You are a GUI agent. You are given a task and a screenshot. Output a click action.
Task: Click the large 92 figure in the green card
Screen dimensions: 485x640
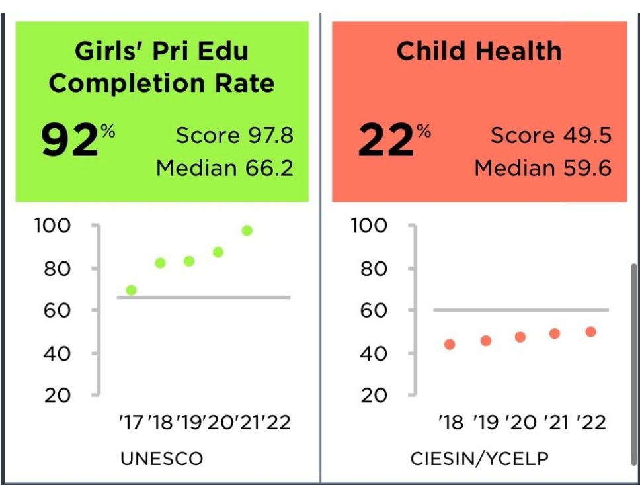(69, 141)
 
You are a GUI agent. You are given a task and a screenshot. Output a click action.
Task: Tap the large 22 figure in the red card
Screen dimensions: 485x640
(385, 141)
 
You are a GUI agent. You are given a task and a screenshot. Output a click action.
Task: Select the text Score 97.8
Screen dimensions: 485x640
(234, 136)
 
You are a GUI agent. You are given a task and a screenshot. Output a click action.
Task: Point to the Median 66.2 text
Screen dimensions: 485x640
(224, 168)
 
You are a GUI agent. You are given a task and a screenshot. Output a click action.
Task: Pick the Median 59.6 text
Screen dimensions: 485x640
(542, 168)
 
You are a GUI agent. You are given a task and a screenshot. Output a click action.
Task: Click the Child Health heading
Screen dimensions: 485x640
(479, 52)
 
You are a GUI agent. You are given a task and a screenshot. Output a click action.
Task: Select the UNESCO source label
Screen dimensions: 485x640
(161, 459)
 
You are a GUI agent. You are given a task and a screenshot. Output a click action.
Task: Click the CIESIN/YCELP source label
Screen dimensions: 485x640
(479, 459)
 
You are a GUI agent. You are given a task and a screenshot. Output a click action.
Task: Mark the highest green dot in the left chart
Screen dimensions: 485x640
(247, 230)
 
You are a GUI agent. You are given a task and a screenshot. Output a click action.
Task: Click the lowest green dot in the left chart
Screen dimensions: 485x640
(131, 290)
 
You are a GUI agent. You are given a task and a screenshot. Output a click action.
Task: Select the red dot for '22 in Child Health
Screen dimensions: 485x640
(590, 331)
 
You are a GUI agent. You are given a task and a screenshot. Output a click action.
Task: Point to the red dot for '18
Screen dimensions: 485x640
(450, 344)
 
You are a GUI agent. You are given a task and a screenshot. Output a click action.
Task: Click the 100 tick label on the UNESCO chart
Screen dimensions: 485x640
(52, 226)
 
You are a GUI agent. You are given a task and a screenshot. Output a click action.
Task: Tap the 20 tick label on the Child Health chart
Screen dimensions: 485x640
(374, 396)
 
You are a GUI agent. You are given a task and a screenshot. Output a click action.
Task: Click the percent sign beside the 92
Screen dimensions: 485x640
(108, 132)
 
